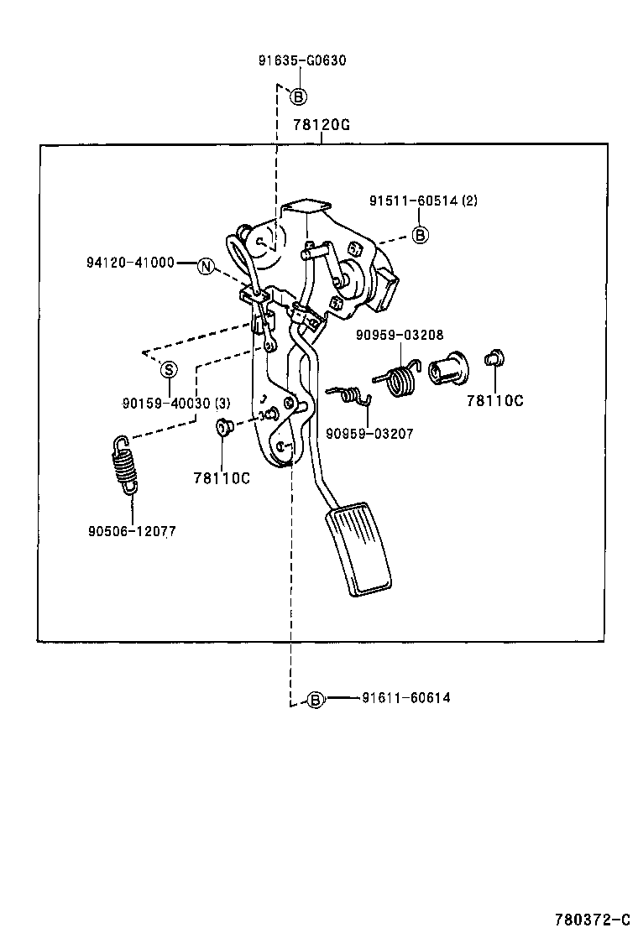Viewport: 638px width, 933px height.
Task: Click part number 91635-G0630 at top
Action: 301,60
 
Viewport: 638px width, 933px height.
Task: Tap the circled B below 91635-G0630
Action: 298,96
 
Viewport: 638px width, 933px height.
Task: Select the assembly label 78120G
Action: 321,125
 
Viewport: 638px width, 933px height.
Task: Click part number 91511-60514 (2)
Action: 423,201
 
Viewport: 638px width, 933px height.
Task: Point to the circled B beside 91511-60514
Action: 421,235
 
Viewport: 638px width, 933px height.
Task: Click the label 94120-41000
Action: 130,263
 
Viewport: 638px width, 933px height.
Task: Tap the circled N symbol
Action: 207,267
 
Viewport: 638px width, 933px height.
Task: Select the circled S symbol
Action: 168,369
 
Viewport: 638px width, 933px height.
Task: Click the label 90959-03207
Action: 369,434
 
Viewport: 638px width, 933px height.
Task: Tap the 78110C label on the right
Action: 494,401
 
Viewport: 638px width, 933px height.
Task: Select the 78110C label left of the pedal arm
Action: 222,478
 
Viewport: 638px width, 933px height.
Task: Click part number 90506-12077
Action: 131,531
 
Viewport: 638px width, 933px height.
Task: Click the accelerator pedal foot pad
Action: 359,550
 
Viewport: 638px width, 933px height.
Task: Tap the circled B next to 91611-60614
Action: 315,699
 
